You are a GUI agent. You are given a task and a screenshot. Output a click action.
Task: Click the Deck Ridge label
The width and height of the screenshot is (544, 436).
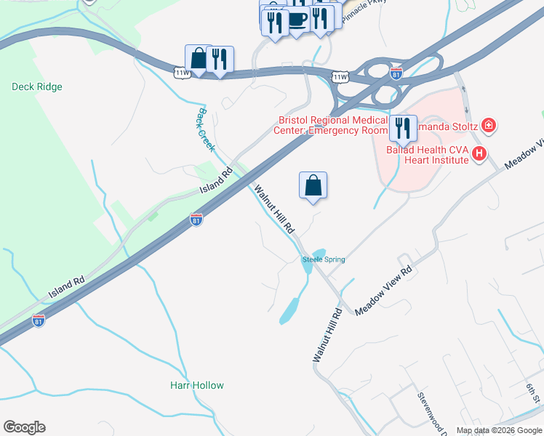tap(37, 86)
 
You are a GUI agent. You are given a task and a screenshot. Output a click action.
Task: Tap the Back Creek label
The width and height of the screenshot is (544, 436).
tap(207, 130)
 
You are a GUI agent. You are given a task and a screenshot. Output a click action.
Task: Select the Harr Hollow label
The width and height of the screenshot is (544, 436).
tap(197, 385)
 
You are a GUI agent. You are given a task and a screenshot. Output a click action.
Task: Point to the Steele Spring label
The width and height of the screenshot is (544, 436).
tap(324, 259)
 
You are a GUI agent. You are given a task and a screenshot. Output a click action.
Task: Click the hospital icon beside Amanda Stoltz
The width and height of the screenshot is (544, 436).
tap(489, 126)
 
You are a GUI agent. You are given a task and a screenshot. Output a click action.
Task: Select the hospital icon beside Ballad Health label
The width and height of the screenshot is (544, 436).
tap(479, 153)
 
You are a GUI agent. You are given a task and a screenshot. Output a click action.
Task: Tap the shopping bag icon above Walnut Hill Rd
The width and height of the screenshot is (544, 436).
tap(313, 185)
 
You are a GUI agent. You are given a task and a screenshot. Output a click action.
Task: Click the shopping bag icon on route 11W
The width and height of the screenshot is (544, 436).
tap(198, 59)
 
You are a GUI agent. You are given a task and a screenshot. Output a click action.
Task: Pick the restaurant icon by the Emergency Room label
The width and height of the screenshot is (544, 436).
tap(402, 129)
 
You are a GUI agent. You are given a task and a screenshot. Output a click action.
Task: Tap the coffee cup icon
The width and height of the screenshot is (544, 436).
tap(297, 19)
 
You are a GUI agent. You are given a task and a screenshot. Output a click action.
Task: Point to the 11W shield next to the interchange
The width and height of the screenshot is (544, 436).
tap(340, 77)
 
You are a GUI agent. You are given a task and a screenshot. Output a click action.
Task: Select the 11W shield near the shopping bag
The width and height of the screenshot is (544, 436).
tap(181, 72)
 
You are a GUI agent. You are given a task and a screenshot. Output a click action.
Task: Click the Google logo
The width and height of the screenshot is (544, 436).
tap(24, 427)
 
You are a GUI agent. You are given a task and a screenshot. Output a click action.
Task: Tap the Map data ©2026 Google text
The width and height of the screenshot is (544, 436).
tap(499, 430)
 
